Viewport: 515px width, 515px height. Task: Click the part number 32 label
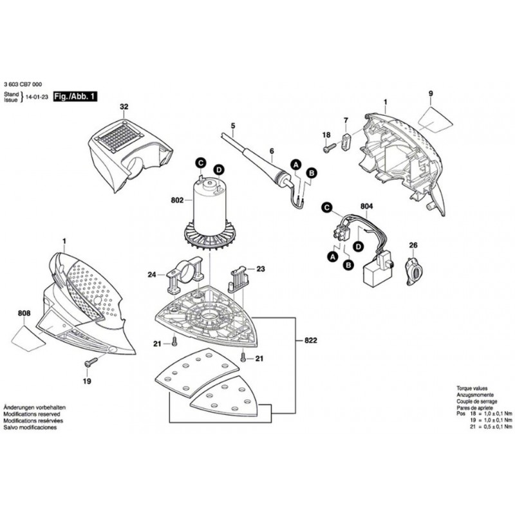tap(124, 107)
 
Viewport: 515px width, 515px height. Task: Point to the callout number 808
tap(24, 314)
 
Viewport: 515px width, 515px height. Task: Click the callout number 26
tap(413, 245)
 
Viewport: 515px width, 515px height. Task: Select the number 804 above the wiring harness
tap(366, 206)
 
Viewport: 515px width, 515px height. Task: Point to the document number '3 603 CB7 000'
tap(24, 85)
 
